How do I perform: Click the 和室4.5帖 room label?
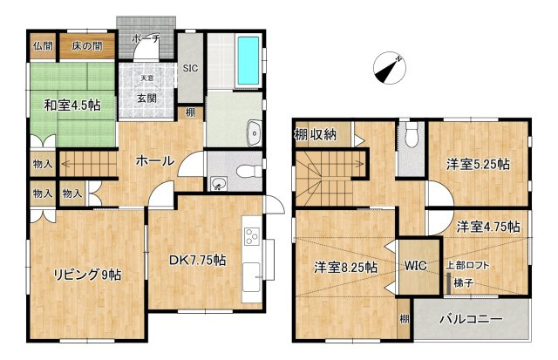[72, 105]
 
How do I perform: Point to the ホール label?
[155, 160]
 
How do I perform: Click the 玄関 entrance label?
[147, 96]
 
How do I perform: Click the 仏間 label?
[43, 45]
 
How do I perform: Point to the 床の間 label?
[87, 45]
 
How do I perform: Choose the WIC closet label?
[414, 267]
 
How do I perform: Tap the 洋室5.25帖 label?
[479, 163]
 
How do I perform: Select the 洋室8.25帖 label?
[346, 267]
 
